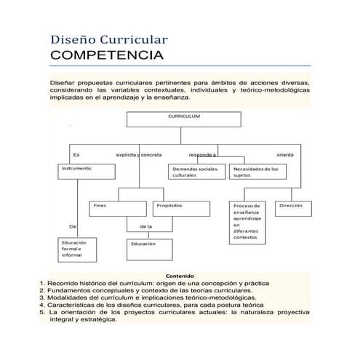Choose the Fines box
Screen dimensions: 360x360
[x=118, y=209]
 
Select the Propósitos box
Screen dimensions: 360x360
[x=181, y=209]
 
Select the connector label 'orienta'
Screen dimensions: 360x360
[x=286, y=154]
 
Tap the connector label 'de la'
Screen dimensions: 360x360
[x=145, y=228]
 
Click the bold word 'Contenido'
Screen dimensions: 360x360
[x=180, y=276]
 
